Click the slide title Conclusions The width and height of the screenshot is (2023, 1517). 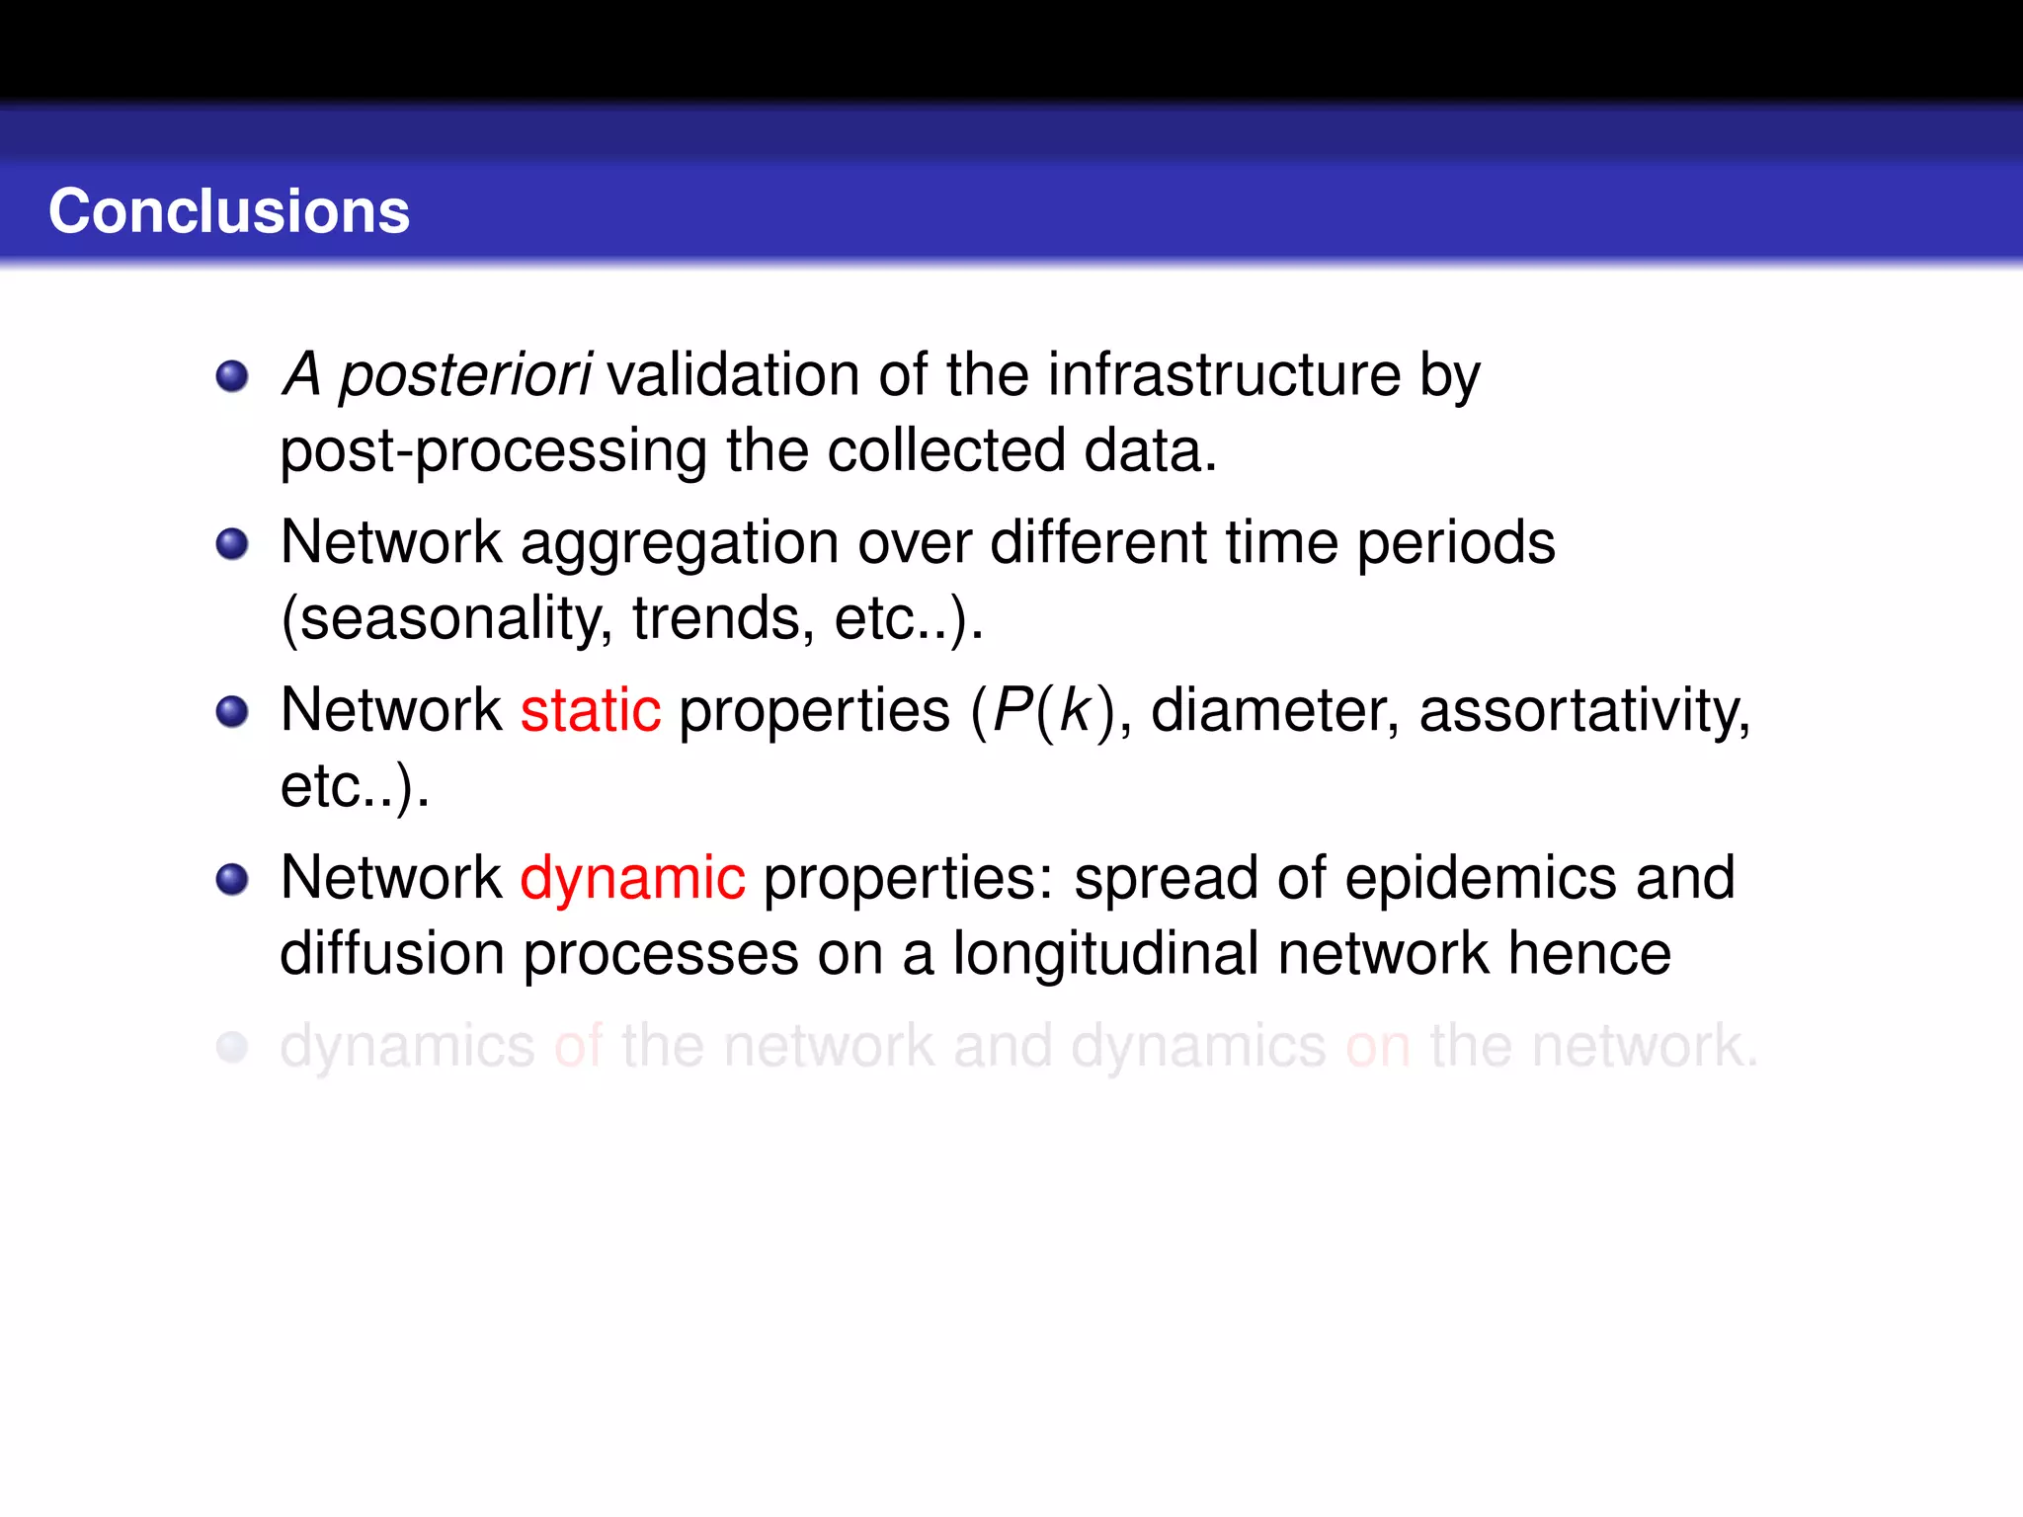[x=229, y=211]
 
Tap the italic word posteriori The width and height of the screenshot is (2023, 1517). [x=464, y=376]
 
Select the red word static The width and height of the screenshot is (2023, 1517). [x=591, y=710]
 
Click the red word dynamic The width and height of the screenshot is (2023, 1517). [x=632, y=878]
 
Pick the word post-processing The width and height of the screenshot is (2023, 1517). [x=493, y=451]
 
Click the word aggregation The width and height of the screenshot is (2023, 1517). [x=680, y=544]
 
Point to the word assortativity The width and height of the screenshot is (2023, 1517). [x=1583, y=710]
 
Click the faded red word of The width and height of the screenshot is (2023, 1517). [x=578, y=1046]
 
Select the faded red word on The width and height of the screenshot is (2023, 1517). [x=1378, y=1046]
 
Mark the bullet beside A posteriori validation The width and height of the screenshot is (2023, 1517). [x=232, y=376]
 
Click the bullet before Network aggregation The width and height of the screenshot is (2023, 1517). [x=232, y=544]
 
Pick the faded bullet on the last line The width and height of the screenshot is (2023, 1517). [x=232, y=1047]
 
